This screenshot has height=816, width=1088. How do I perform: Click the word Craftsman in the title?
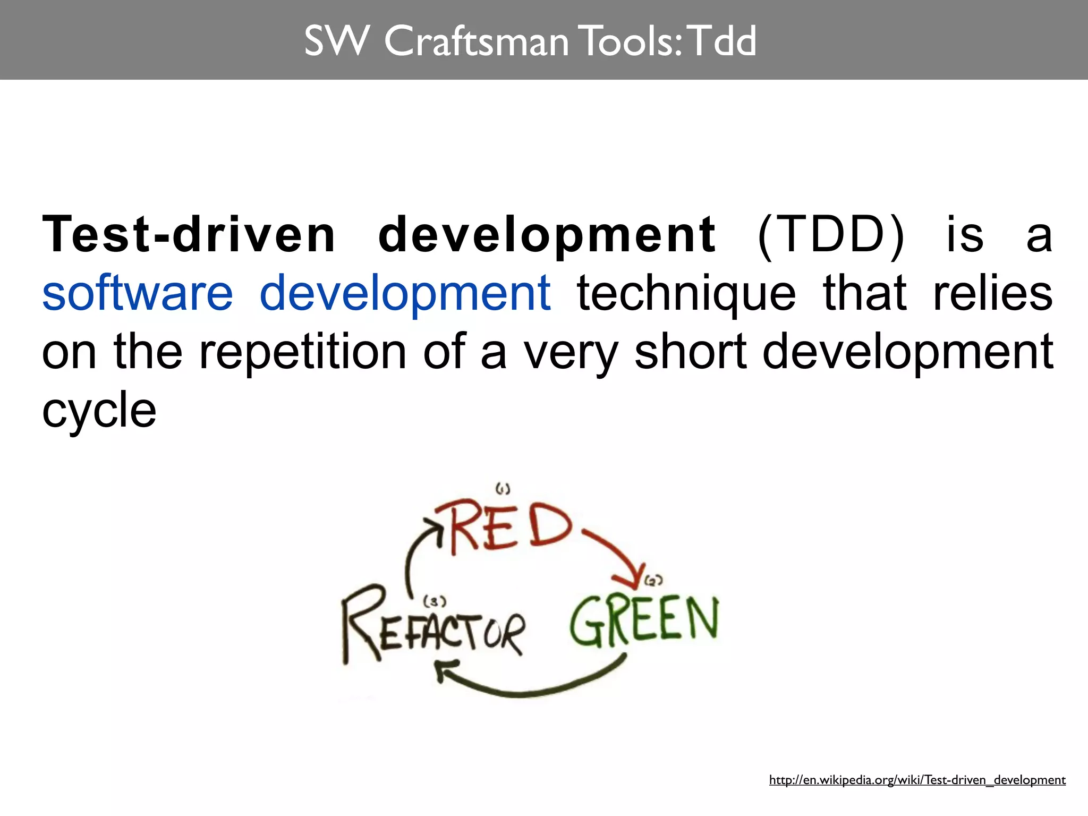pyautogui.click(x=475, y=41)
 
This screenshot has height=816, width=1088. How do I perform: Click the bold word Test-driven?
pyautogui.click(x=189, y=235)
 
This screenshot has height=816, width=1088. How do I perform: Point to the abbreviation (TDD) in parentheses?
pyautogui.click(x=830, y=235)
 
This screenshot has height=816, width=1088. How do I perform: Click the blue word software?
pyautogui.click(x=138, y=293)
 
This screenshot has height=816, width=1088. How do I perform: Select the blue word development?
pyautogui.click(x=405, y=294)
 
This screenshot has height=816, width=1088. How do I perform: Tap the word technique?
pyautogui.click(x=686, y=294)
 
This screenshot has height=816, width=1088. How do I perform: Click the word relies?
pyautogui.click(x=992, y=293)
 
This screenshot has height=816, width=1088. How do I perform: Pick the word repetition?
pyautogui.click(x=302, y=351)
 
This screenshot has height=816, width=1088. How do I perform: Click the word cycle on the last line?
pyautogui.click(x=99, y=410)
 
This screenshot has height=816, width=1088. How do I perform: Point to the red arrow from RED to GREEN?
pyautogui.click(x=616, y=555)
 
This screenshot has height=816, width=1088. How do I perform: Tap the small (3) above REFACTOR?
pyautogui.click(x=435, y=601)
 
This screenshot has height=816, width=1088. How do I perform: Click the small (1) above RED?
pyautogui.click(x=503, y=488)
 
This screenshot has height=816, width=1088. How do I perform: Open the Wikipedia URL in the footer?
pyautogui.click(x=917, y=780)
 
